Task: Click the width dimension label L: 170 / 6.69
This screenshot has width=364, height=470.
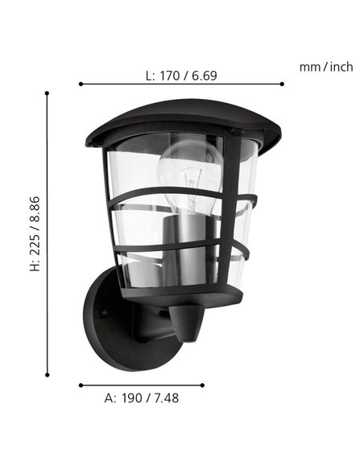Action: click(181, 76)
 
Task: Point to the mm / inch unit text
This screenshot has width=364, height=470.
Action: click(325, 67)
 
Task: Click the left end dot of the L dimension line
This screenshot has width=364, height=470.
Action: click(81, 84)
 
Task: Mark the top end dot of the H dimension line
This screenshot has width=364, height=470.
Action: click(48, 93)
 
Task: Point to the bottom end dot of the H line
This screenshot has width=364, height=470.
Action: click(48, 374)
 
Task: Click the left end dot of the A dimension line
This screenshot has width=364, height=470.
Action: click(81, 385)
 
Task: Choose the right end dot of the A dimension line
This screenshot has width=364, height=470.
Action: click(204, 385)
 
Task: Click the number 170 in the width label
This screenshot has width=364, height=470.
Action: click(170, 76)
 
